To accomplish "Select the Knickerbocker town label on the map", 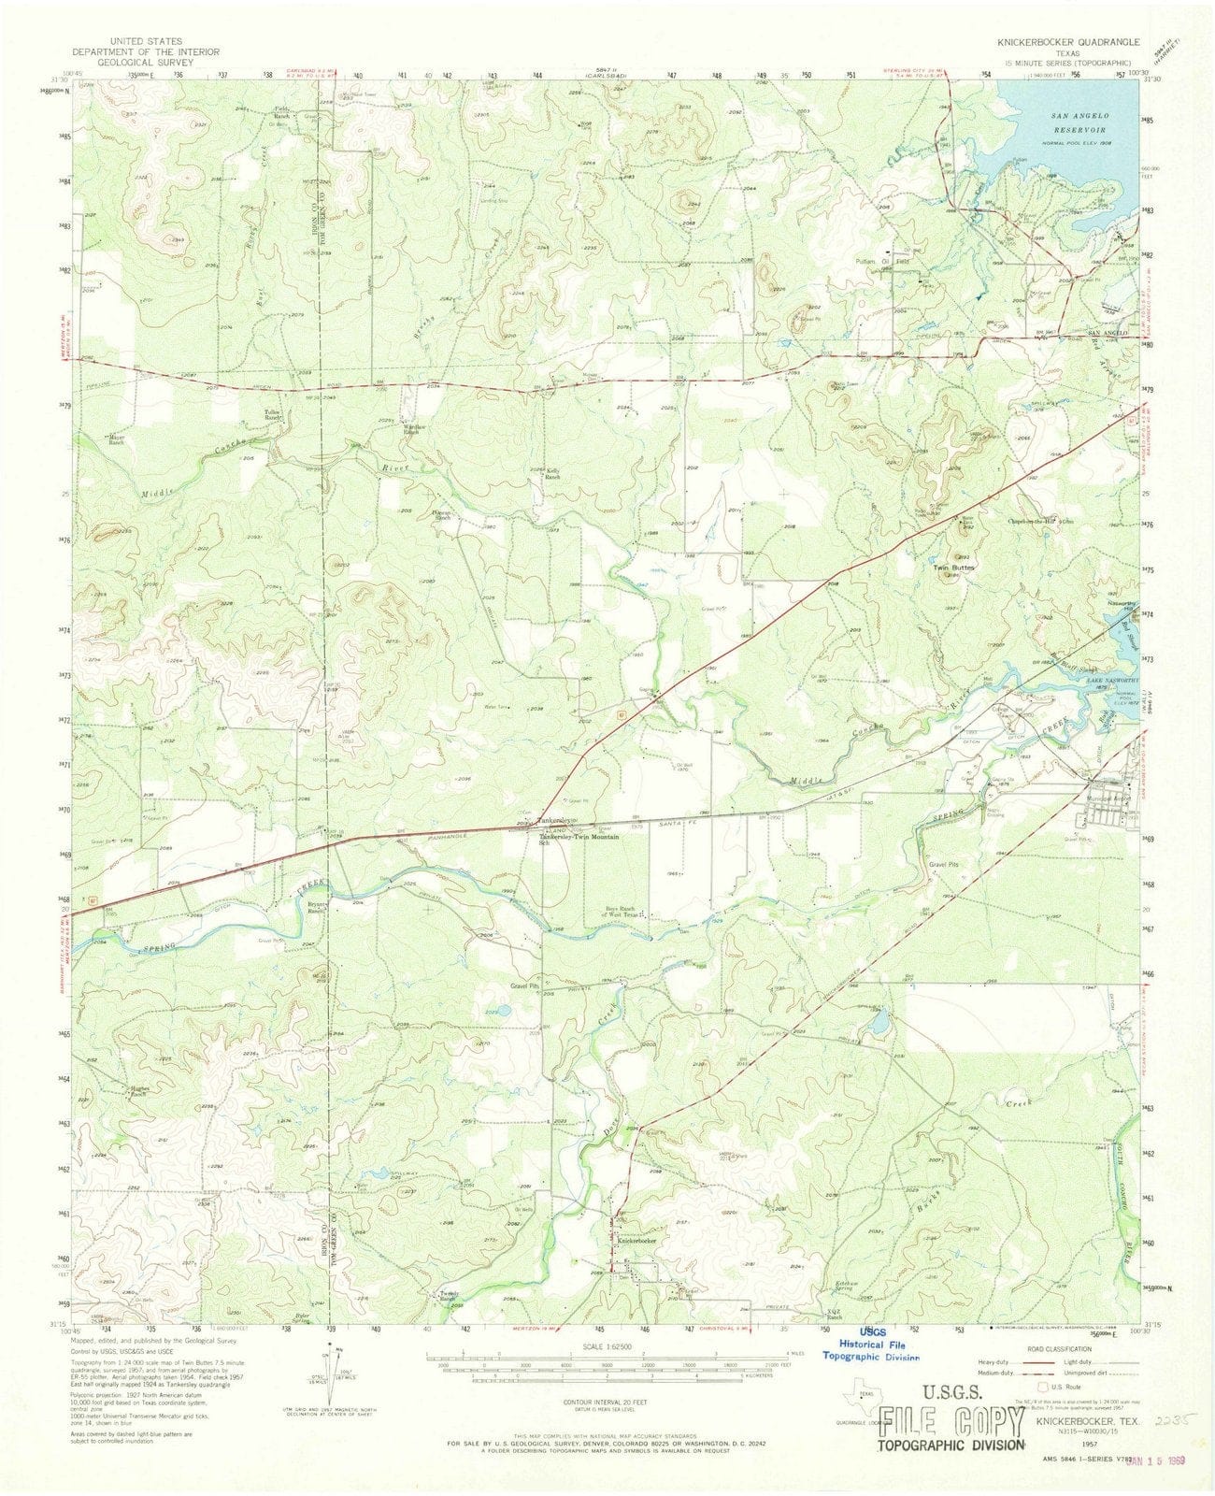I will tap(636, 1240).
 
